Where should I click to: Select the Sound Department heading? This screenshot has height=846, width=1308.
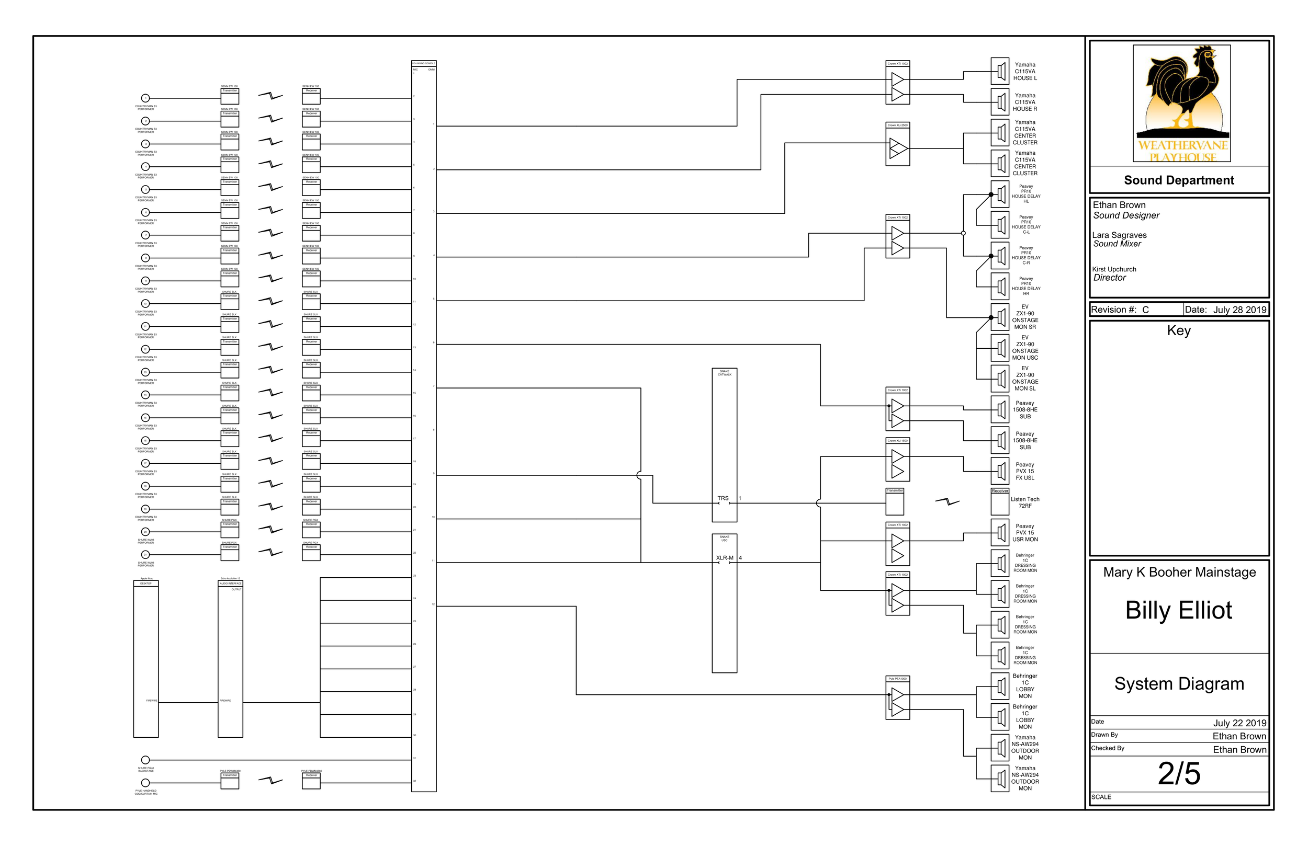(x=1179, y=180)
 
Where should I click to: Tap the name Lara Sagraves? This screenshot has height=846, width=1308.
(x=1119, y=235)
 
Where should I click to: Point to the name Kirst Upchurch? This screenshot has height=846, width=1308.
(x=1114, y=269)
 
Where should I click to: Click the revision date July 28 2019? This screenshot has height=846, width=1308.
(x=1239, y=310)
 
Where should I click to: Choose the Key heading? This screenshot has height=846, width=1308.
(x=1179, y=330)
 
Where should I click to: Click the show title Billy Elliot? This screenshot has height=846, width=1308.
(x=1179, y=610)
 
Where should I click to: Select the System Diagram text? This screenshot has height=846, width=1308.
(x=1179, y=684)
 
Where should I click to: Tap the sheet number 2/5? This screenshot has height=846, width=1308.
(x=1179, y=774)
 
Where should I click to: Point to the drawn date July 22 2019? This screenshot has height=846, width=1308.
(x=1239, y=723)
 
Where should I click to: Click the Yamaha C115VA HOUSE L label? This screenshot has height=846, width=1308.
(x=1025, y=72)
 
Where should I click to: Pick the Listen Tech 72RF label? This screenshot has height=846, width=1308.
(x=1025, y=502)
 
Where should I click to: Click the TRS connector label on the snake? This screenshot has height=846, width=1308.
(x=723, y=499)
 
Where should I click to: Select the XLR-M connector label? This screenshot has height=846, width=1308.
(x=724, y=558)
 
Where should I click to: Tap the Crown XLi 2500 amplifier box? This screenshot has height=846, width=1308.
(x=897, y=144)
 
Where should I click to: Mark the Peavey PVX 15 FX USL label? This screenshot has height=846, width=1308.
(x=1025, y=471)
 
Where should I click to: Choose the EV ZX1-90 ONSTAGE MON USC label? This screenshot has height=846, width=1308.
(x=1025, y=348)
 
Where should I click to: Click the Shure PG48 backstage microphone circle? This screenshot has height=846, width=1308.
(x=145, y=760)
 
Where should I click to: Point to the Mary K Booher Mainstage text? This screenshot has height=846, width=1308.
(x=1179, y=573)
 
